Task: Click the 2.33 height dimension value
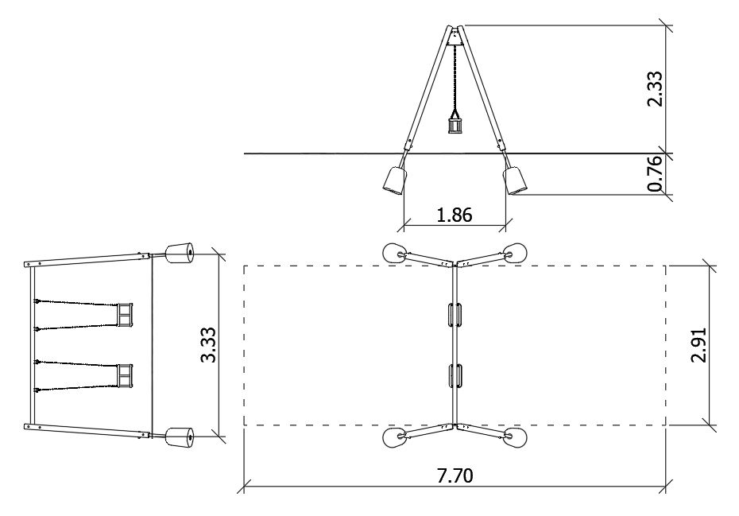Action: point(655,89)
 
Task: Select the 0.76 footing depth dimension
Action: point(655,173)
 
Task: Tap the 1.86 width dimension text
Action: point(455,215)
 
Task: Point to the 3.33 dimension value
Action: point(208,345)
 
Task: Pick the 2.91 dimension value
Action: point(698,345)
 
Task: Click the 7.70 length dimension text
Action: point(455,476)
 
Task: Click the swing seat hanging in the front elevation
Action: point(455,126)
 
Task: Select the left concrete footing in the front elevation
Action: point(395,180)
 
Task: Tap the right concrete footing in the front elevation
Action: point(515,180)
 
